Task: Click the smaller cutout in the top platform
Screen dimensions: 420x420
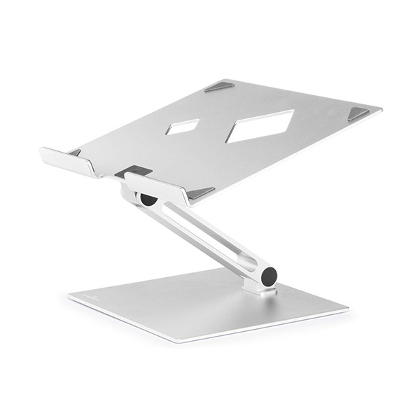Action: click(183, 127)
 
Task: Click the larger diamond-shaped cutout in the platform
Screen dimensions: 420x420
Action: click(260, 125)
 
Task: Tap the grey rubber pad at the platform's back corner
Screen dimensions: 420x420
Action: click(220, 87)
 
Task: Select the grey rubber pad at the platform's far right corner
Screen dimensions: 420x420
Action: click(358, 113)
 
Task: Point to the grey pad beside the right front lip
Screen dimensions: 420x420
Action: click(201, 192)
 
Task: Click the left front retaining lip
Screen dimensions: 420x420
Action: click(68, 162)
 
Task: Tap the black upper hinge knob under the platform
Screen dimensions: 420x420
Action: click(148, 199)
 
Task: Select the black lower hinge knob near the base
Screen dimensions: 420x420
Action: click(269, 276)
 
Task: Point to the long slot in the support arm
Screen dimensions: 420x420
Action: click(210, 234)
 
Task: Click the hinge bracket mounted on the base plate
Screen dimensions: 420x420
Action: click(253, 286)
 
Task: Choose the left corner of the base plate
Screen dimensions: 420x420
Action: click(69, 297)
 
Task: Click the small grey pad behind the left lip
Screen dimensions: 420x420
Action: click(75, 152)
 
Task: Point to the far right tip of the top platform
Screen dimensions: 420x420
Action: click(381, 111)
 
